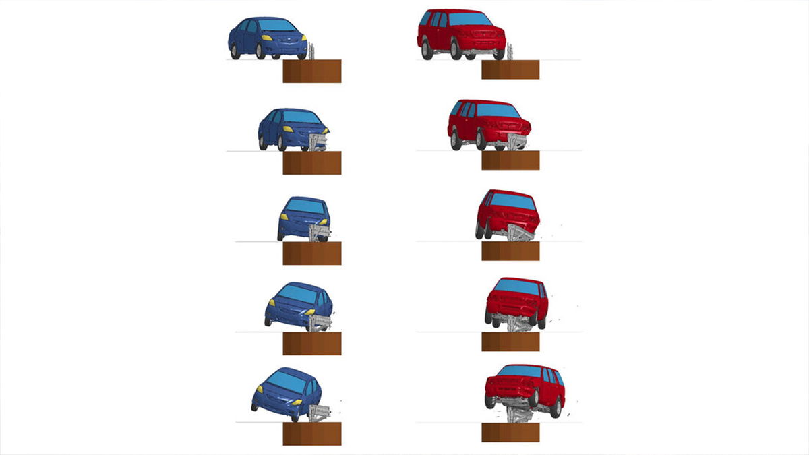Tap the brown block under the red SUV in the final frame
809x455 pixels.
[510, 431]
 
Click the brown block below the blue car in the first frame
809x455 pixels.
[311, 71]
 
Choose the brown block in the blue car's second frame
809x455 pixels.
[311, 162]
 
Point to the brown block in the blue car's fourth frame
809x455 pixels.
[311, 343]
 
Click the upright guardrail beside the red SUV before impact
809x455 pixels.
[510, 52]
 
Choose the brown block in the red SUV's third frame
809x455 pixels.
[510, 251]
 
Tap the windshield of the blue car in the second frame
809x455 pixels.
[300, 117]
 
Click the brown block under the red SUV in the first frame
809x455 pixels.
[510, 69]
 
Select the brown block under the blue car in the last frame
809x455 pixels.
[311, 433]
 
